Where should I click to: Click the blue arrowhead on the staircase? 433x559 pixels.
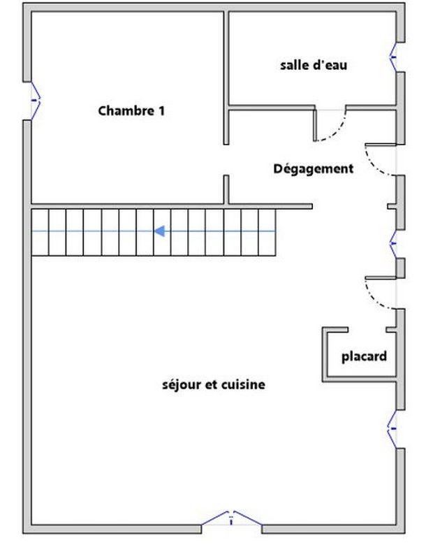click(160, 231)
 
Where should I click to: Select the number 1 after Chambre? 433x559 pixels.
click(161, 110)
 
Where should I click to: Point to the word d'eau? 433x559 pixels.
click(329, 66)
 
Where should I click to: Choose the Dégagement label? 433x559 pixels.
click(313, 168)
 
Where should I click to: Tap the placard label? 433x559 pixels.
click(364, 356)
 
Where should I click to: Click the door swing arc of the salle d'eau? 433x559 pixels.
click(334, 129)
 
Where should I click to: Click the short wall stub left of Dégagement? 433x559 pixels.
click(227, 189)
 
